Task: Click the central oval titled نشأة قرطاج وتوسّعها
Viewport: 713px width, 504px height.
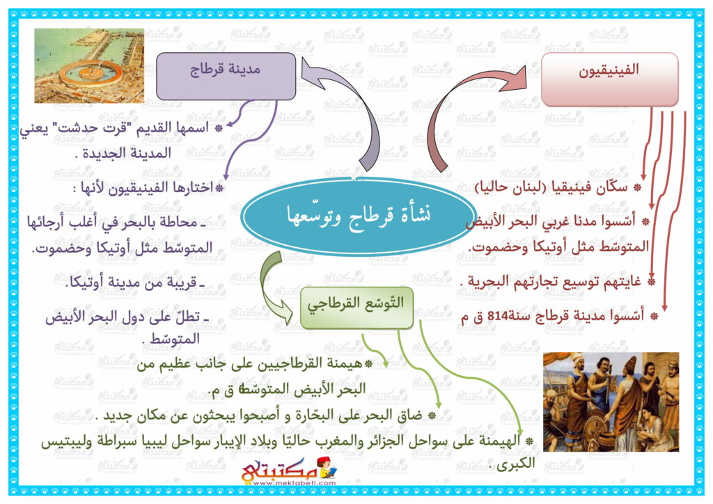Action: coord(359,216)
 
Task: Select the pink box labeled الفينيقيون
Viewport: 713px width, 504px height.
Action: coord(609,79)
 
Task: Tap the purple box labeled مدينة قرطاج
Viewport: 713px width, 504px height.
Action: coord(226,76)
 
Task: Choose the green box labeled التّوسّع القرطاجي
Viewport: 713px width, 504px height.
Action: coord(357,308)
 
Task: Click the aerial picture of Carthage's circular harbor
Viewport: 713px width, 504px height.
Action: coord(89,65)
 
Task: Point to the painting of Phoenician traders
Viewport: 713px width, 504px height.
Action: coord(611,402)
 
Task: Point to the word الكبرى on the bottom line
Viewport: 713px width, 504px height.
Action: coord(516,464)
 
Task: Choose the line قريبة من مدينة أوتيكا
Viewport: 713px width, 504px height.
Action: coord(136,282)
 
